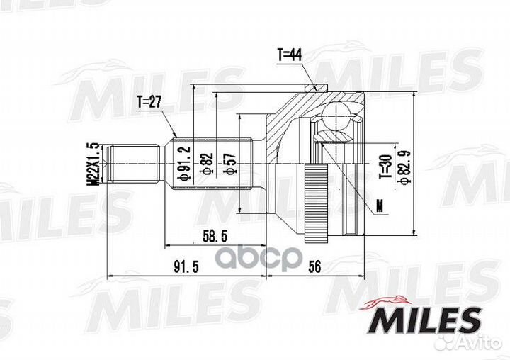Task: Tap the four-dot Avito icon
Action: coord(446,344)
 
